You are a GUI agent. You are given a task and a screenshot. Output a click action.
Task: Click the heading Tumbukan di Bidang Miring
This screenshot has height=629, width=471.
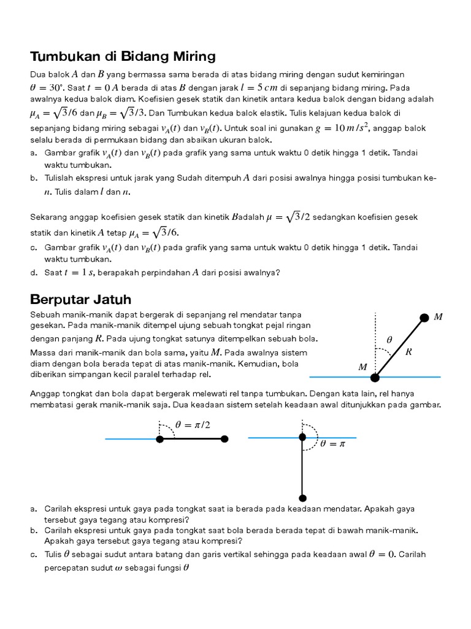123,57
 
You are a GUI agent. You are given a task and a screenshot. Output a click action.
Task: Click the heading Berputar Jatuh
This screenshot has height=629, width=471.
80,299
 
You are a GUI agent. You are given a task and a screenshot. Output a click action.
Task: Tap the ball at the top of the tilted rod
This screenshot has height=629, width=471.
424,318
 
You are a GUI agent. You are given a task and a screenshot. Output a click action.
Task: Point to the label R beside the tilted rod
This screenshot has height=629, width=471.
409,352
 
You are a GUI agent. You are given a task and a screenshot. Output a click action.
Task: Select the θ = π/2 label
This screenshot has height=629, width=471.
193,424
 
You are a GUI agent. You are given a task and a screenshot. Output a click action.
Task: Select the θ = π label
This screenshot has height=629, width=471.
333,443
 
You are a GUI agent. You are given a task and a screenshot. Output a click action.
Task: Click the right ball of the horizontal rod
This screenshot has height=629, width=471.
224,439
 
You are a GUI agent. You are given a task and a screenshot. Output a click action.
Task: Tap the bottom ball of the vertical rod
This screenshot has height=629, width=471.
302,498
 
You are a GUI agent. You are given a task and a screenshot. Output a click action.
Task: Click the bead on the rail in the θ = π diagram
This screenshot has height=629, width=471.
302,437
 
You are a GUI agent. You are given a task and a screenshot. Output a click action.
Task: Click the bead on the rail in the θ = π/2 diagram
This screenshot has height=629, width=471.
159,439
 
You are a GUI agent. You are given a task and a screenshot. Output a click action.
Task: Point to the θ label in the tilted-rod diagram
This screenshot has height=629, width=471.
389,339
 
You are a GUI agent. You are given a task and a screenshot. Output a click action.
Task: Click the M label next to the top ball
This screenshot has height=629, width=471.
438,317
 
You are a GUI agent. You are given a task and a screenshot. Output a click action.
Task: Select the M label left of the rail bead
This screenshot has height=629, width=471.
363,367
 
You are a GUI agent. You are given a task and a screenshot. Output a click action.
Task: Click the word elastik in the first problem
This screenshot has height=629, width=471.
258,113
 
